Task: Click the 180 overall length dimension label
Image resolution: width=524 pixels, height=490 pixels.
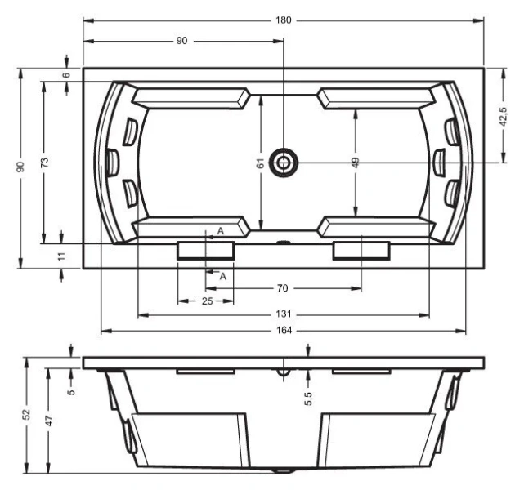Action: (283, 19)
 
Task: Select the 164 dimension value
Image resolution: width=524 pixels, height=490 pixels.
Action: (283, 331)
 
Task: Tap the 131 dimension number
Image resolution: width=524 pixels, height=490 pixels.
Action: (283, 314)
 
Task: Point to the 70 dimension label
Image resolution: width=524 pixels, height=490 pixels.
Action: (283, 288)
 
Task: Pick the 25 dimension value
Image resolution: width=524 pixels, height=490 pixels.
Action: (206, 302)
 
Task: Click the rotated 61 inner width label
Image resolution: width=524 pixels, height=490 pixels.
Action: (260, 164)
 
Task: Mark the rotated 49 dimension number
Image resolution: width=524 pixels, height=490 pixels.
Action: (356, 163)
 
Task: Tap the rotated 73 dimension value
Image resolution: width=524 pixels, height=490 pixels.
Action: (44, 163)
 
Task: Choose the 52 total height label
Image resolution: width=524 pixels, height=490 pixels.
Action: (27, 415)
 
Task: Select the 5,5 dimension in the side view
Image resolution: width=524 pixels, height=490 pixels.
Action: (308, 397)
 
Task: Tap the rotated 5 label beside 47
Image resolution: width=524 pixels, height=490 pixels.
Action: (71, 391)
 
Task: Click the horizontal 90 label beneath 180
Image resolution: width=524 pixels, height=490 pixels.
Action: (181, 41)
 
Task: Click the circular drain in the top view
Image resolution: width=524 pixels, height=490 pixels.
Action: (284, 162)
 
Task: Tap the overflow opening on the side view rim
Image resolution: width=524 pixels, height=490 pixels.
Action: (283, 372)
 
